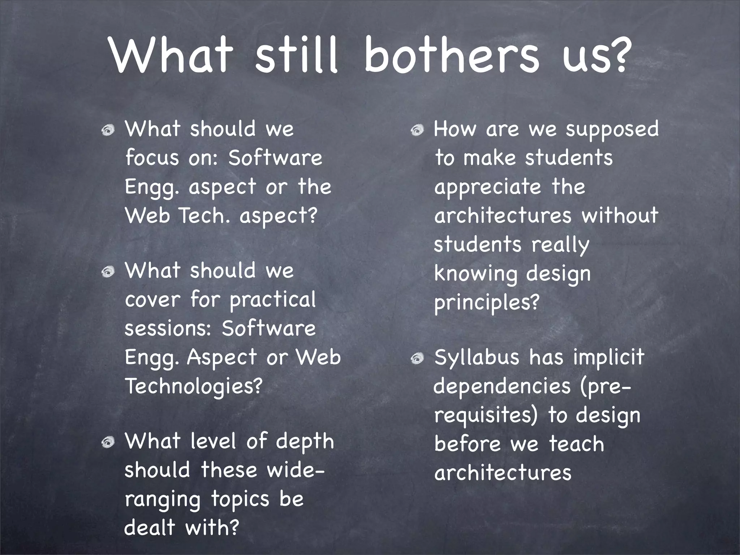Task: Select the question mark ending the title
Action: [x=620, y=54]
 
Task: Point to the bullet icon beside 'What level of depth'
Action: [x=108, y=442]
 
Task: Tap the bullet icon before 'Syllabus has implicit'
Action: [x=417, y=358]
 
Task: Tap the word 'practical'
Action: [x=273, y=300]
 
